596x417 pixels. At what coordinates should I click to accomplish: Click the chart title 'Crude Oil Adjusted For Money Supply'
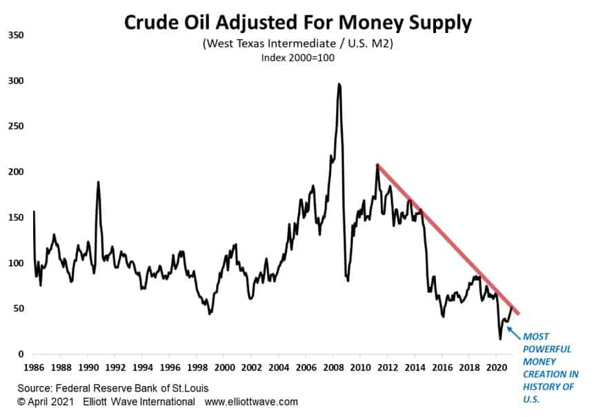298,22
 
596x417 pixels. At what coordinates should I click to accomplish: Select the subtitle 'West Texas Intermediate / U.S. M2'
298,43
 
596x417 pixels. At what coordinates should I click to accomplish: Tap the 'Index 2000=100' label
298,58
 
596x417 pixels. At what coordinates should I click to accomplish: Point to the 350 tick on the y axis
15,34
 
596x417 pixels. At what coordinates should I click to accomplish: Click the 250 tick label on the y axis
15,125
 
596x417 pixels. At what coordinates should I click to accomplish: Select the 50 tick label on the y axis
17,308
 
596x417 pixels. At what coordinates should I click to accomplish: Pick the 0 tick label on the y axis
20,354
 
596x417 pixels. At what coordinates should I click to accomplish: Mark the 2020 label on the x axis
496,367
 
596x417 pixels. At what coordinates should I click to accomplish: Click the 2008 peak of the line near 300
339,85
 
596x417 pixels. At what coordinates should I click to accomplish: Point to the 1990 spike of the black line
98,182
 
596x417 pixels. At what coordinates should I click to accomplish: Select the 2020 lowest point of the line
500,338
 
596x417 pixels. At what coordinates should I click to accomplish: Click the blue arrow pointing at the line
513,332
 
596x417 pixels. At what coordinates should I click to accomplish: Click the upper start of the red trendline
377,165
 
